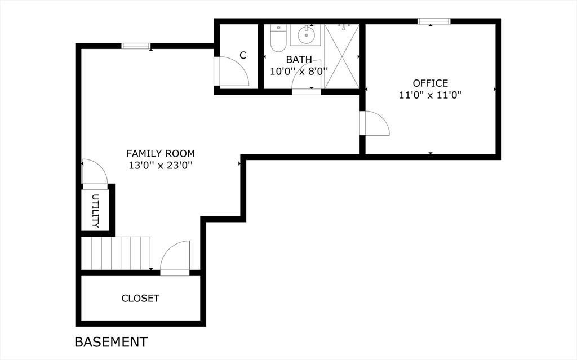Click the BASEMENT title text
point(111,341)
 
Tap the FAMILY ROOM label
point(161,153)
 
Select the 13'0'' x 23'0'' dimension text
point(161,166)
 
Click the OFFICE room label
point(430,83)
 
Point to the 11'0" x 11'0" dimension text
point(430,95)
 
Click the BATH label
point(299,59)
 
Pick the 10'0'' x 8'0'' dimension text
point(299,72)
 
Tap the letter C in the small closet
point(243,55)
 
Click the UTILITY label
point(95,211)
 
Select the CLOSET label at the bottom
point(140,299)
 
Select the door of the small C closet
point(233,72)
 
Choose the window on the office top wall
point(434,21)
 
